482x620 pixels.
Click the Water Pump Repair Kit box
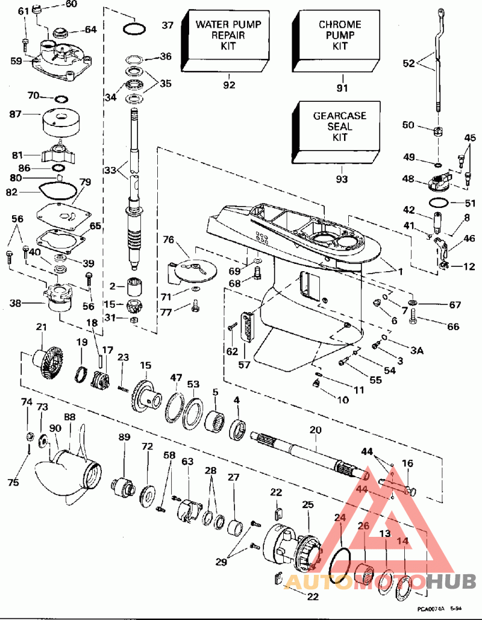(228, 37)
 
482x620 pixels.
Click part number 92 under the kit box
(229, 85)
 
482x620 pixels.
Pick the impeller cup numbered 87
(60, 121)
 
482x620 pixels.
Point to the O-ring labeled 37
(134, 27)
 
